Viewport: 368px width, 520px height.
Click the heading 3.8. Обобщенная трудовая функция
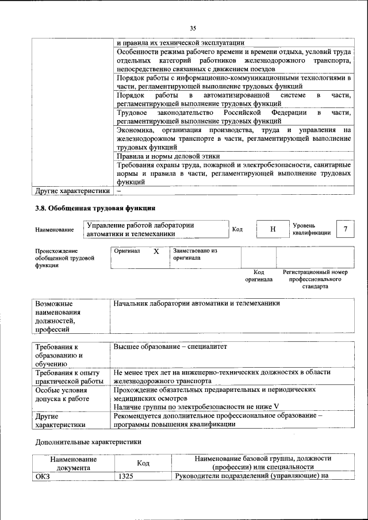point(95,208)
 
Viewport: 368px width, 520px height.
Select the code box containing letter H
point(273,229)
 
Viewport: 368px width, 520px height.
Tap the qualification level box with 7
point(345,229)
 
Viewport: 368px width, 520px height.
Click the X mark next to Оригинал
point(156,252)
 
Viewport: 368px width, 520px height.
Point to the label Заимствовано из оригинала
point(195,255)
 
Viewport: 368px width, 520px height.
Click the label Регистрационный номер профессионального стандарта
point(315,279)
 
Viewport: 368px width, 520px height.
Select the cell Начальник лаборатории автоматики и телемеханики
point(197,303)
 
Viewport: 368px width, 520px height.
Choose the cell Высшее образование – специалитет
point(171,347)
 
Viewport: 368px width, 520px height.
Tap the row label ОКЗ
point(43,476)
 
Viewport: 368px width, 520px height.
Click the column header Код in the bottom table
point(143,463)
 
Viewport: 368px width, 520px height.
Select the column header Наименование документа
point(73,463)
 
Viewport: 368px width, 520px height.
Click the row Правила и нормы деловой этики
point(168,156)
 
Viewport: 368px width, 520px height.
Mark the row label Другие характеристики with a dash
point(72,191)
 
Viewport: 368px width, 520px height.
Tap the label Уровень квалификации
point(311,229)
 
